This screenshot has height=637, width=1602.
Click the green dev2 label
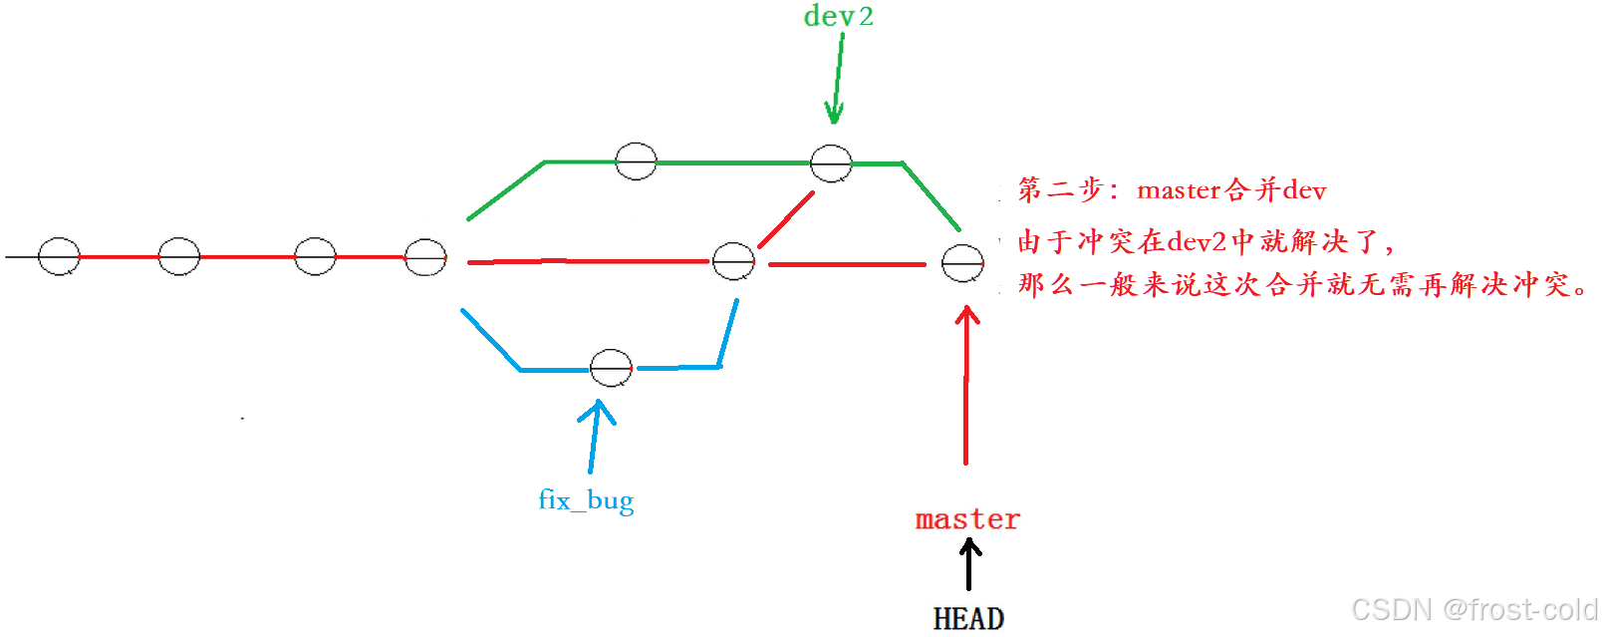click(838, 17)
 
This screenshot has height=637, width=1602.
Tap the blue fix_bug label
click(586, 499)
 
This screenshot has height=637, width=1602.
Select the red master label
click(967, 519)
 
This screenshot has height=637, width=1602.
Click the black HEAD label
click(968, 619)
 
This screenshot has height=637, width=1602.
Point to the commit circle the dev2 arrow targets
click(831, 163)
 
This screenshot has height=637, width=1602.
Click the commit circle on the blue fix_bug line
click(611, 368)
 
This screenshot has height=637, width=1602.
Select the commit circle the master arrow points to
click(962, 263)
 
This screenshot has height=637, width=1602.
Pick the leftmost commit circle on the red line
click(59, 256)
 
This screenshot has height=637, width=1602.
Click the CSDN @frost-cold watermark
click(1473, 609)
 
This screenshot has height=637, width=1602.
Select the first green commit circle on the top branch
click(636, 160)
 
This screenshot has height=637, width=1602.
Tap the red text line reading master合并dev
click(1172, 189)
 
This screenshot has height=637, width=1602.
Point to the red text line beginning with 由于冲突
click(1205, 241)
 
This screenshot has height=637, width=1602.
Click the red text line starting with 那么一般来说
click(1301, 285)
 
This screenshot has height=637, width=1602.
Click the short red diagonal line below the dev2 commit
click(786, 219)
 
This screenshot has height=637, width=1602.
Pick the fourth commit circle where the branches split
click(425, 257)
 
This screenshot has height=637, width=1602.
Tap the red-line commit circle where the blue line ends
click(733, 261)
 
